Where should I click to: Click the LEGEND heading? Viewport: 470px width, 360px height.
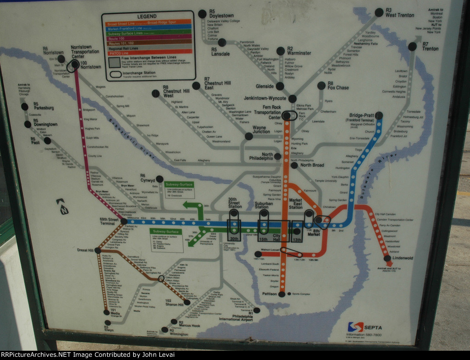(147, 17)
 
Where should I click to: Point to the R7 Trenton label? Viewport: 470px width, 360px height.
(430, 46)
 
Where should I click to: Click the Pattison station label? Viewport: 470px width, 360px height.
(269, 294)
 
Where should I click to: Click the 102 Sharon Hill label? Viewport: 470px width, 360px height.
(174, 303)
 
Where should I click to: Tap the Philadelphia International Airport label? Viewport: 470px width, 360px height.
(236, 316)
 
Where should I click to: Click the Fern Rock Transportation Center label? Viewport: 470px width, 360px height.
(269, 112)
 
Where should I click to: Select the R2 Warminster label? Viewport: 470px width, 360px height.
(299, 50)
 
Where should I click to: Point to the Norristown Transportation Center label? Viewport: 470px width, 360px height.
(83, 52)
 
